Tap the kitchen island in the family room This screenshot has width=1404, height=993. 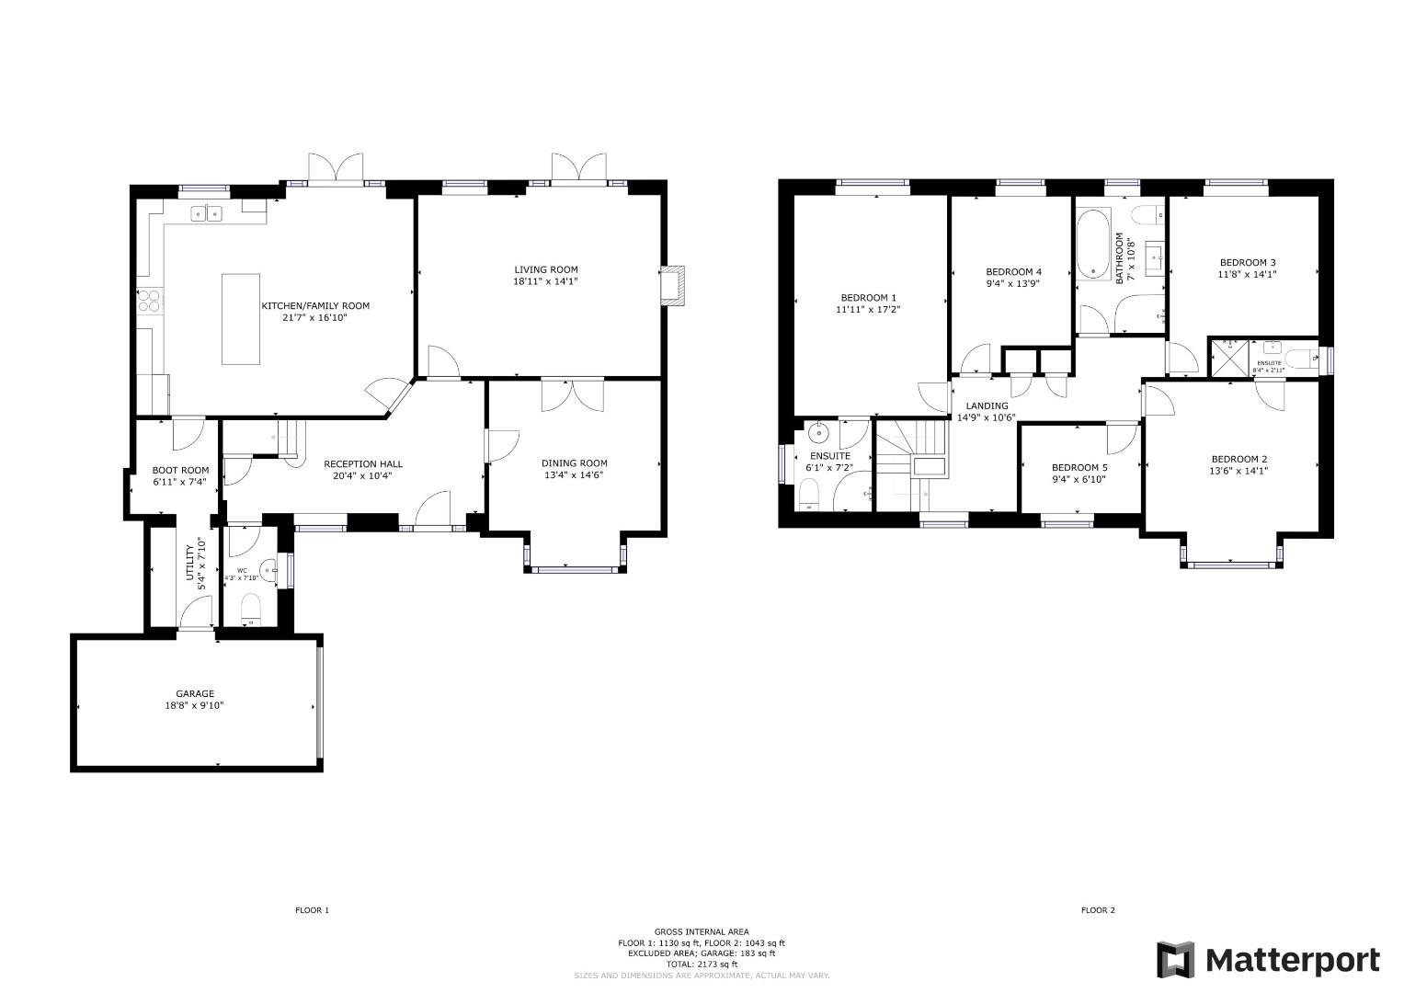pos(241,319)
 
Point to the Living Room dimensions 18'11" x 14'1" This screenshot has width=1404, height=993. pos(545,281)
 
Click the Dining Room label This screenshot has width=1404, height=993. pos(574,463)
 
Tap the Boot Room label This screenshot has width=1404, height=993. pos(180,470)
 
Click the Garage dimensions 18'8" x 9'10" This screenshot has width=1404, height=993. pos(195,706)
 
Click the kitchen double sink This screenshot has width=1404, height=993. pos(207,214)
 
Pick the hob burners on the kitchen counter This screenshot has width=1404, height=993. pos(148,302)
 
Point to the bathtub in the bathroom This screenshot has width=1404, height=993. pos(1093,244)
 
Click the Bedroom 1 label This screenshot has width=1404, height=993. pos(868,297)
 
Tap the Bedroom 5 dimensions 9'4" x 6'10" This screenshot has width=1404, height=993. pos(1079,480)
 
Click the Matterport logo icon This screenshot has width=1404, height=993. pos(1176,960)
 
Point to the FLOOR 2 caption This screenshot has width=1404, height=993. pos(1097,910)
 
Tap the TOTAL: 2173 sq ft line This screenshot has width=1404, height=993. pos(702,964)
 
